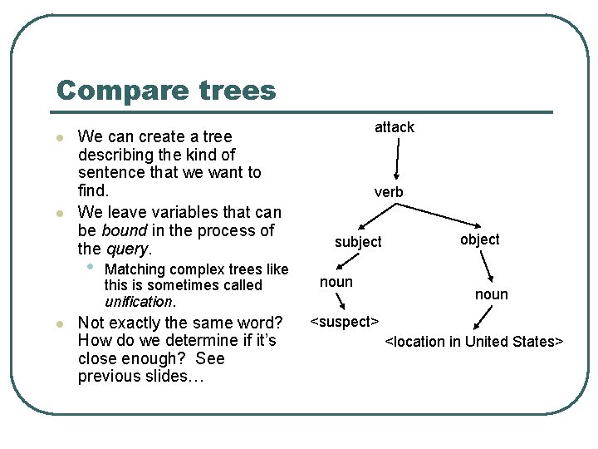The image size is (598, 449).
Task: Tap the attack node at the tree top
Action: tap(394, 127)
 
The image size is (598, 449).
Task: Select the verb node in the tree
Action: tap(389, 192)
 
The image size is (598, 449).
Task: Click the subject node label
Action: tap(358, 242)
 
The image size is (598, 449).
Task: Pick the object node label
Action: tap(479, 239)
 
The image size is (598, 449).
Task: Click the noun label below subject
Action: tap(336, 282)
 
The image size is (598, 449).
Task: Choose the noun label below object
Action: tap(491, 294)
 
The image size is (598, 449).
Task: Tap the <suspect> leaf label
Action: tap(345, 321)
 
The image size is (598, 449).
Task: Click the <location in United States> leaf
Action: tap(474, 342)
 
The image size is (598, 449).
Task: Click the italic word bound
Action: tap(124, 230)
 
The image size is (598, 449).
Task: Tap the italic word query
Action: tap(126, 249)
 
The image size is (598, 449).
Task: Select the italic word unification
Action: tap(139, 302)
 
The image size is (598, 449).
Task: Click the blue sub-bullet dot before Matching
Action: tap(90, 268)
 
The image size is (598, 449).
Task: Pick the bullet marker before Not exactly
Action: tap(59, 323)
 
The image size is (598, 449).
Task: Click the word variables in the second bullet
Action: tap(174, 213)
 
